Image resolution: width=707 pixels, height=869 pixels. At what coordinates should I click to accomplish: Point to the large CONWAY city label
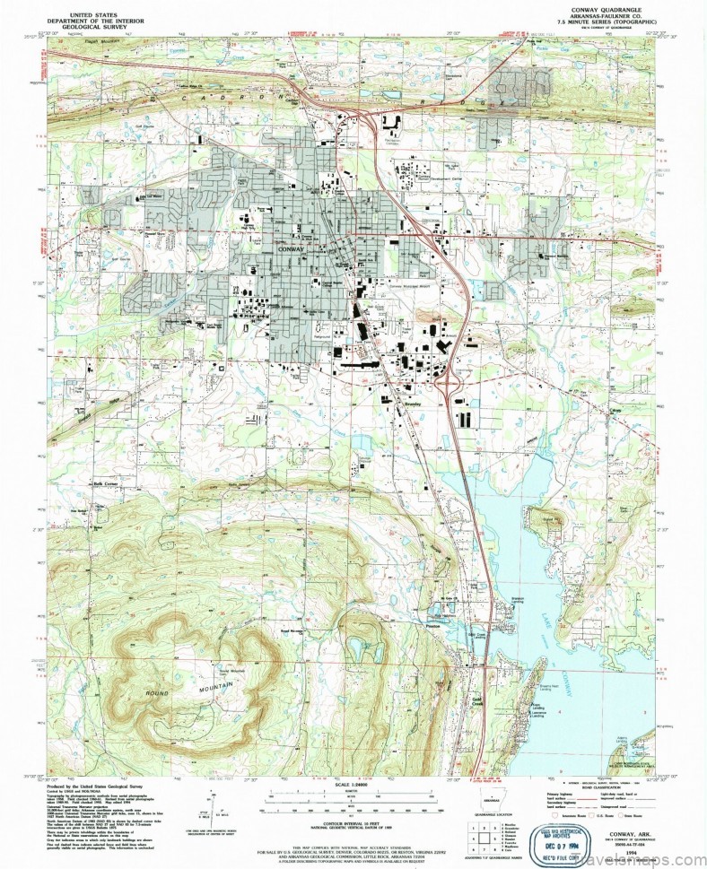tap(292, 248)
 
